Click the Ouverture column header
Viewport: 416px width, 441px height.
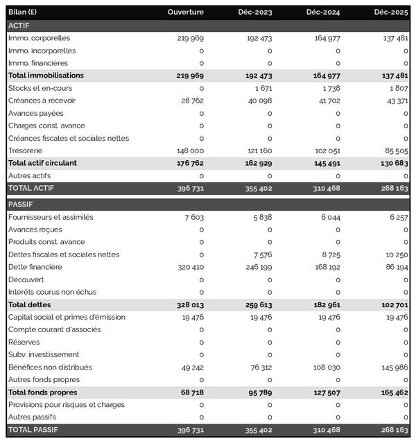pyautogui.click(x=185, y=12)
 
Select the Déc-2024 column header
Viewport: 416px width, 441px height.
pyautogui.click(x=324, y=12)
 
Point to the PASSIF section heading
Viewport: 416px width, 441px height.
pyautogui.click(x=20, y=205)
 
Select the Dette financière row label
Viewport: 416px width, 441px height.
pyautogui.click(x=35, y=267)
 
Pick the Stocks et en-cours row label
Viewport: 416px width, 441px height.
pyautogui.click(x=40, y=88)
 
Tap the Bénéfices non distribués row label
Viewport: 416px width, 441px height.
pyautogui.click(x=50, y=367)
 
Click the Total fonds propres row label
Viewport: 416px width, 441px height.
pyautogui.click(x=42, y=392)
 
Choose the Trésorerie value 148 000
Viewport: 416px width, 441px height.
pyautogui.click(x=189, y=150)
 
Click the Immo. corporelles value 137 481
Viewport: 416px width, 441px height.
pyautogui.click(x=392, y=38)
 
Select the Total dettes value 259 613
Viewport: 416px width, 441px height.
pyautogui.click(x=257, y=304)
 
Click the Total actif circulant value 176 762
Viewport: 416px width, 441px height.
pyautogui.click(x=188, y=163)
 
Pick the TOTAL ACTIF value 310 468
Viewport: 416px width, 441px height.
pyautogui.click(x=324, y=188)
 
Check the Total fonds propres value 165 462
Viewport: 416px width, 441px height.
pyautogui.click(x=392, y=392)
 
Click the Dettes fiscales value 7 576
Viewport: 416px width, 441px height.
pyautogui.click(x=261, y=254)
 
